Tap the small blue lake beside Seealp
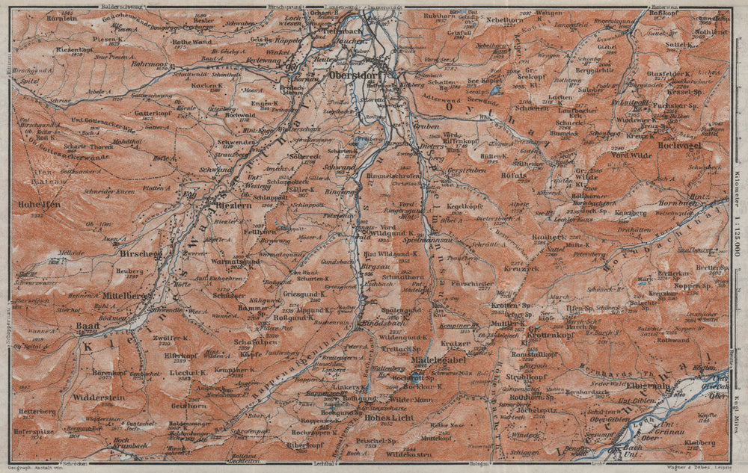[x=494, y=90]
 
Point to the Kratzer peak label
[x=456, y=344]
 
